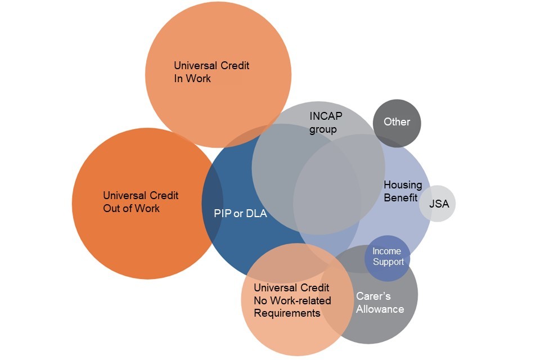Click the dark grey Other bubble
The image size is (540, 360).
click(397, 123)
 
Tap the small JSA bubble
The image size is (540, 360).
click(438, 204)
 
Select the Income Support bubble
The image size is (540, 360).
click(388, 257)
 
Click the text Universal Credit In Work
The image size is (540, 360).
click(211, 72)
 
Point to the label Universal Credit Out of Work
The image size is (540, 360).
click(141, 202)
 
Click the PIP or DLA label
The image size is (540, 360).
click(240, 214)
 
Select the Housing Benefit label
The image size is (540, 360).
click(403, 191)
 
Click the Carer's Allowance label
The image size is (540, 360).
click(380, 303)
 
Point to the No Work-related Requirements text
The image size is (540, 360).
click(292, 307)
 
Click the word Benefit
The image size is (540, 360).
click(400, 197)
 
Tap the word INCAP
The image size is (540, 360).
click(326, 116)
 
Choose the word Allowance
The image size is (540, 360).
click(380, 309)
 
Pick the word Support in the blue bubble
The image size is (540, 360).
click(388, 262)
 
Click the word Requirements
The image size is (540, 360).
click(287, 313)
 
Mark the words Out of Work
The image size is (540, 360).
click(131, 209)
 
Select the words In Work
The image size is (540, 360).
click(192, 79)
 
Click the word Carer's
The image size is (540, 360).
click(373, 296)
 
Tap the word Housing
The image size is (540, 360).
click(403, 184)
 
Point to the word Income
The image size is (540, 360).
click(387, 251)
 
